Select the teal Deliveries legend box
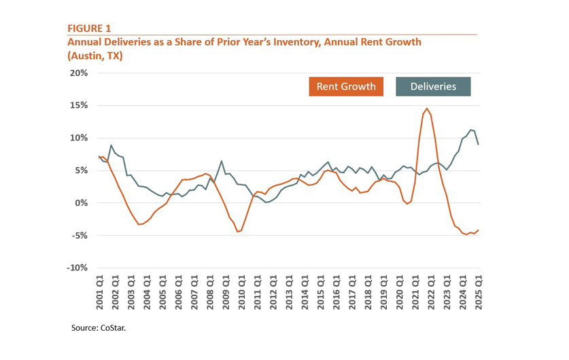point(435,86)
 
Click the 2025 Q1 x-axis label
point(479,290)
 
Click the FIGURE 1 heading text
point(88,28)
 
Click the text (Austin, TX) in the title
point(94,56)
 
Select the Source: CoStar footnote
point(99,328)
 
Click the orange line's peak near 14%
point(427,109)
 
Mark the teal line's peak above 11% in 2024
point(470,130)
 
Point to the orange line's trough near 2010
point(238,232)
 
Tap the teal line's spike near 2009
point(222,161)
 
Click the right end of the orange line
point(479,230)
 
